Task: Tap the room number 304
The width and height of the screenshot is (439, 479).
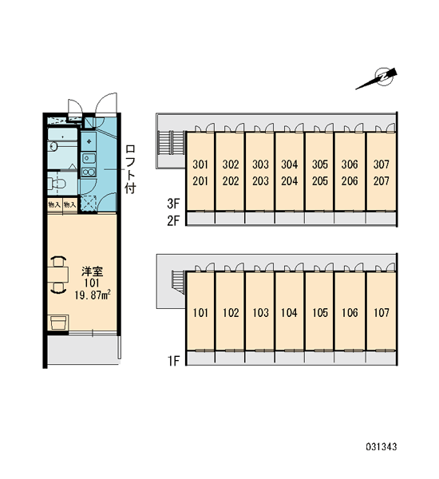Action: coord(289,164)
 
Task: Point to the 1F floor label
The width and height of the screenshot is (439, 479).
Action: coord(173,361)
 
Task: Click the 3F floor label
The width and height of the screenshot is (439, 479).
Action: coord(173,204)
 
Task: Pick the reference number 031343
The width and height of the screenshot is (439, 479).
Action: coord(382,447)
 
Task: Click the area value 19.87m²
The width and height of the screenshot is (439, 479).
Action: coord(93,295)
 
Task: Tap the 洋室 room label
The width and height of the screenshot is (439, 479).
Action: coord(92,271)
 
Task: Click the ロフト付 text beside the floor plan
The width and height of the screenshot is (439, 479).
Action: coord(130,169)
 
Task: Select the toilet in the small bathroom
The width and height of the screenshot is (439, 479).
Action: coord(57,184)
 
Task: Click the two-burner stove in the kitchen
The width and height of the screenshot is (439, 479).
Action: coord(89,172)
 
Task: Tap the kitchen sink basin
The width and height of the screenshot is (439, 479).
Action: coord(89,158)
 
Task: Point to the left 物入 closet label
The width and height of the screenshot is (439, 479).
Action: coord(54,204)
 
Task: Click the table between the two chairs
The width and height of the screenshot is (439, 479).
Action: coord(58,275)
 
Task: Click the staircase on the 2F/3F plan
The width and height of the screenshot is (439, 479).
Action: coord(171,143)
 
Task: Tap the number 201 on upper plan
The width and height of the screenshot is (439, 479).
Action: coord(200,181)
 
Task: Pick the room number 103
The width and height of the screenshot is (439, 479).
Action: coord(260,312)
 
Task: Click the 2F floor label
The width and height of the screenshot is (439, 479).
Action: coord(173,220)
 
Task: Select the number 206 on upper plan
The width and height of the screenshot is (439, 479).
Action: coord(350,181)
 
